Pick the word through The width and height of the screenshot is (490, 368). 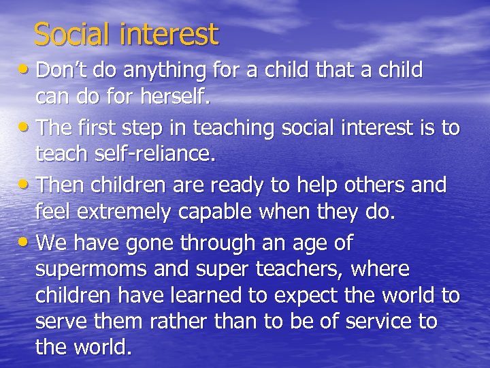[218, 243]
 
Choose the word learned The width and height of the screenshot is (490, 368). [220, 295]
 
